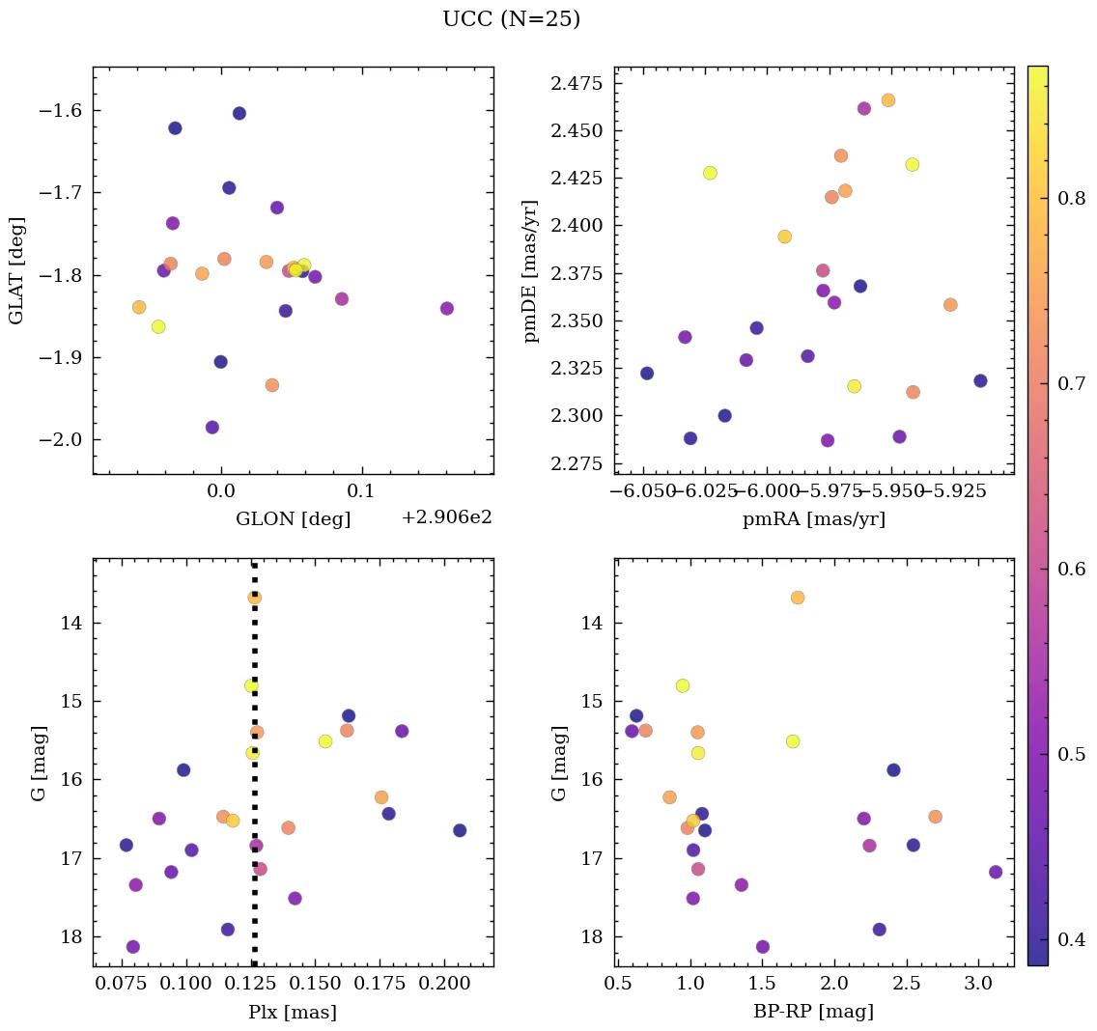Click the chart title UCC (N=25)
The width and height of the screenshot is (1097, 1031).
511,19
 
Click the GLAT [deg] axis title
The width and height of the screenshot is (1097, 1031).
16,270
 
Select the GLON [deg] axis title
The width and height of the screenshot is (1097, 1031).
293,518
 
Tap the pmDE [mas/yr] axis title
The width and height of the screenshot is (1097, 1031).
531,271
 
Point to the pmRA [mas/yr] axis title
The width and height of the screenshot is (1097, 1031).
813,519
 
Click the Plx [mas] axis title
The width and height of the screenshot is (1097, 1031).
293,1012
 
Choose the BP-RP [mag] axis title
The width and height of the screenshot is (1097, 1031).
813,1012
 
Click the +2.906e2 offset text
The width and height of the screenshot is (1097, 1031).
446,517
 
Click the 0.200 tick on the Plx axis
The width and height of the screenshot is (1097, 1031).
443,986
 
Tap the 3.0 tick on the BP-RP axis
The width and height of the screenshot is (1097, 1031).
977,986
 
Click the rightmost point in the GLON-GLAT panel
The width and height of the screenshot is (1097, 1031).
446,308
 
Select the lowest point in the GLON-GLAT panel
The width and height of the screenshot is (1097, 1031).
211,427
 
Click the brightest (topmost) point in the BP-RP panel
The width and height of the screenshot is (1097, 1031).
797,598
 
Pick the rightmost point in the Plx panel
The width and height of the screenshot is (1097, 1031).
460,830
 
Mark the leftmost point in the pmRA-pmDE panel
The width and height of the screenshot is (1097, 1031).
647,373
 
